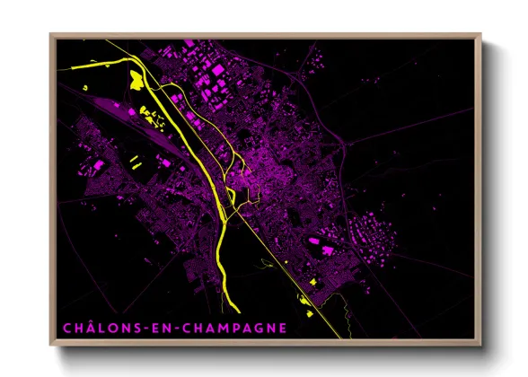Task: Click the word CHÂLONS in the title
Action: pos(95,328)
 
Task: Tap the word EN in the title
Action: pos(151,328)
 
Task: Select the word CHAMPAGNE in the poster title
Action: pos(232,328)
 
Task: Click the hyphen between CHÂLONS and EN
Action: pos(136,329)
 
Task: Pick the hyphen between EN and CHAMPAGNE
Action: pos(167,329)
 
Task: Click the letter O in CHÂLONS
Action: pos(106,328)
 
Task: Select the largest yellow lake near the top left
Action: pos(136,79)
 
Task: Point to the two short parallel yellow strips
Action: pos(134,162)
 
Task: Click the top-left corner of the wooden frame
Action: pos(51,35)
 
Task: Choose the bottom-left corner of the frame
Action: pos(51,346)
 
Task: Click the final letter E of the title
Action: pos(283,328)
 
